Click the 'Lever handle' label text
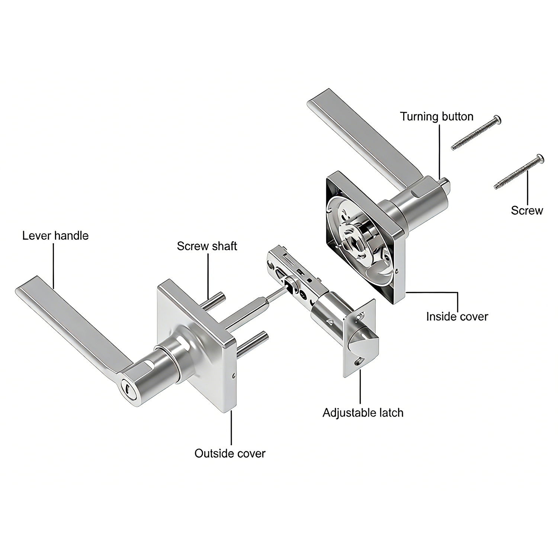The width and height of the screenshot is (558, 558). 55,235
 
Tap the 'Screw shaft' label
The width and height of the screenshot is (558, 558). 207,246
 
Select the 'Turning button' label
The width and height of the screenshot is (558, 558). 437,116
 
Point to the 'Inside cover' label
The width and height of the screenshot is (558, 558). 457,317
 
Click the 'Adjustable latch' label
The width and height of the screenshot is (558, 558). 363,413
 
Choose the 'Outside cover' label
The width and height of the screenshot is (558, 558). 230,453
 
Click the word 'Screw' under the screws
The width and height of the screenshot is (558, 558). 527,211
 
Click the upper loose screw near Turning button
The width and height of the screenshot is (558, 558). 476,133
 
